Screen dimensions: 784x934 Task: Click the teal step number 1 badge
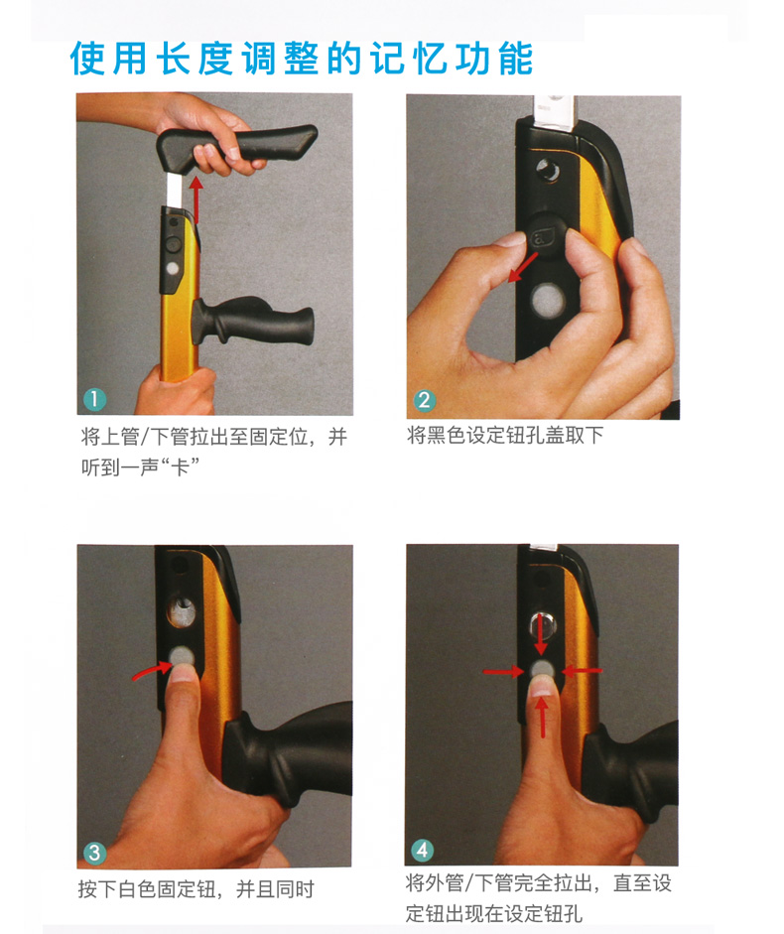94,399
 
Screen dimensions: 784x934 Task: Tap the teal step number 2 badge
424,400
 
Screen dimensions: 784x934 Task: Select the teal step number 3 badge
94,853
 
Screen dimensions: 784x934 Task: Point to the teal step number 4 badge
423,850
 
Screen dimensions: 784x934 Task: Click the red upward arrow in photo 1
196,200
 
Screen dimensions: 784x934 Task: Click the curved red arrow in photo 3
152,671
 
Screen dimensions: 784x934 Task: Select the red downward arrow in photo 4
541,634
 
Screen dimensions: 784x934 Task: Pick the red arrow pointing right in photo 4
504,672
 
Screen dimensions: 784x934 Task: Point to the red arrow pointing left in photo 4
582,671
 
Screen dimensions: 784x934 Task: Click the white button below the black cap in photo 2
548,300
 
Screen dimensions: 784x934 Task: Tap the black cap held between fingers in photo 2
546,235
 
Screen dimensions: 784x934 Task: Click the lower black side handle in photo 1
251,322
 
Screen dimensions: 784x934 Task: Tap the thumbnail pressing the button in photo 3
183,674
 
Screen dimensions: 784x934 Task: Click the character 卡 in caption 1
180,467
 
